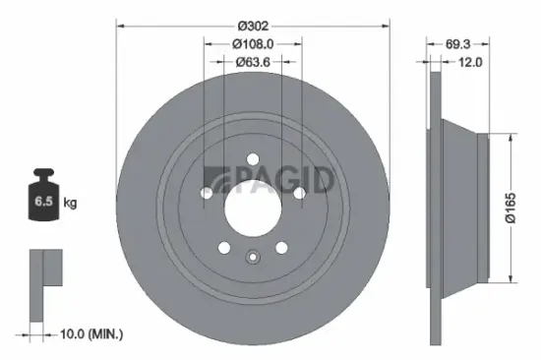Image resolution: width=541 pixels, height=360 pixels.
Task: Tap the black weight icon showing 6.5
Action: coord(44,199)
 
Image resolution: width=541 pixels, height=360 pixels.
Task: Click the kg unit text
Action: coord(71,204)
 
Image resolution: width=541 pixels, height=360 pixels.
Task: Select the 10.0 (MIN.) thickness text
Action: coord(90,334)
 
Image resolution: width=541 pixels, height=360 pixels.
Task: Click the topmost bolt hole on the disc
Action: coord(253,157)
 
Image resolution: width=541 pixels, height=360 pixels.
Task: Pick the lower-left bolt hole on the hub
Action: coord(225,247)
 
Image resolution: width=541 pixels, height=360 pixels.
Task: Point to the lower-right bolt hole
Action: coord(281,247)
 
